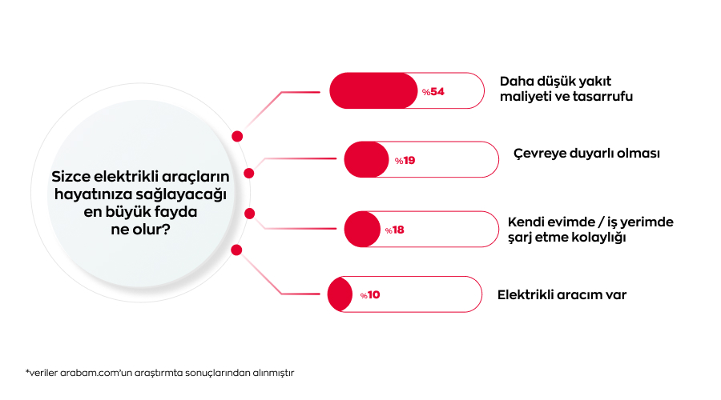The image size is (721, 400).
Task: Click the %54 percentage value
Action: click(x=433, y=92)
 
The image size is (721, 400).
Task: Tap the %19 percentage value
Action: click(x=405, y=161)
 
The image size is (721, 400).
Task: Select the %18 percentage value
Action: click(x=394, y=230)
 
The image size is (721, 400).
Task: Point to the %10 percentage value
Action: click(x=370, y=295)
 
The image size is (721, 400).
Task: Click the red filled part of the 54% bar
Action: click(x=373, y=90)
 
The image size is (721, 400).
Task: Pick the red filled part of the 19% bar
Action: click(x=366, y=159)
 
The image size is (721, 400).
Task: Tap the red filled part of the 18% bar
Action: click(x=362, y=229)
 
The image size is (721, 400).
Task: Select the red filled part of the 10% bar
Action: click(x=340, y=294)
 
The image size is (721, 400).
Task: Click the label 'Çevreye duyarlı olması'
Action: click(x=586, y=154)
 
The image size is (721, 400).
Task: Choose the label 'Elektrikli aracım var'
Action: click(x=562, y=295)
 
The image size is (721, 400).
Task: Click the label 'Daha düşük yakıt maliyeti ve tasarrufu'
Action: click(x=566, y=89)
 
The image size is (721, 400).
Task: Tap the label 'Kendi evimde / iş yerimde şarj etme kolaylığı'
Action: click(x=590, y=230)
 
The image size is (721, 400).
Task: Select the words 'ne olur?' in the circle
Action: click(x=141, y=229)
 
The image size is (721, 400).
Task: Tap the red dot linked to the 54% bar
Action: click(x=237, y=136)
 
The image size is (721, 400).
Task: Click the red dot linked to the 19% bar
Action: click(x=249, y=173)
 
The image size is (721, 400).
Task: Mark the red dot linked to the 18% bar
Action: click(x=250, y=214)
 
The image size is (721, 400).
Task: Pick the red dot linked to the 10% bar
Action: click(x=236, y=250)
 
